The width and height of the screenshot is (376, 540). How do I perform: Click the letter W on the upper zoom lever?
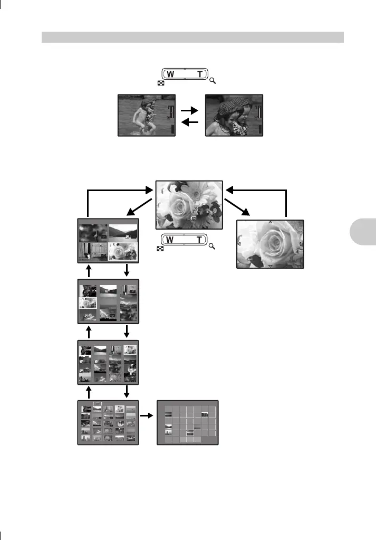pyautogui.click(x=171, y=74)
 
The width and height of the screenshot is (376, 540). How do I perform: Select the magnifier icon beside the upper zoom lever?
pyautogui.click(x=214, y=81)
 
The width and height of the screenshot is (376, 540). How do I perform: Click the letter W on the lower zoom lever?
pyautogui.click(x=171, y=240)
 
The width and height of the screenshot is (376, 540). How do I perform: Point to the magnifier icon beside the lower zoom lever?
pyautogui.click(x=214, y=247)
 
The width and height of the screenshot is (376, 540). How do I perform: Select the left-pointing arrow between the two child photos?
pyautogui.click(x=189, y=124)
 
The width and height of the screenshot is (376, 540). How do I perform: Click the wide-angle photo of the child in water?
pyautogui.click(x=147, y=116)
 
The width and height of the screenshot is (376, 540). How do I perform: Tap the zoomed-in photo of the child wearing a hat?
pyautogui.click(x=234, y=116)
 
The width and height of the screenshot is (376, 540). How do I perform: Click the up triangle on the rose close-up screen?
pyautogui.click(x=271, y=222)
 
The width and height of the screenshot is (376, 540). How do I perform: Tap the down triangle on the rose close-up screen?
pyautogui.click(x=271, y=266)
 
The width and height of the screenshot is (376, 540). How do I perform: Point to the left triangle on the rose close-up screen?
pyautogui.click(x=239, y=244)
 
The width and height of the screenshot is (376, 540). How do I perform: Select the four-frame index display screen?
pyautogui.click(x=108, y=241)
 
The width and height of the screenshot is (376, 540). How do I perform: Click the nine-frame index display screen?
pyautogui.click(x=108, y=301)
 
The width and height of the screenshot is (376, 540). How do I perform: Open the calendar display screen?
pyautogui.click(x=188, y=422)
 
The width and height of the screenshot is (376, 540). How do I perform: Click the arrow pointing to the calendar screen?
pyautogui.click(x=148, y=415)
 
